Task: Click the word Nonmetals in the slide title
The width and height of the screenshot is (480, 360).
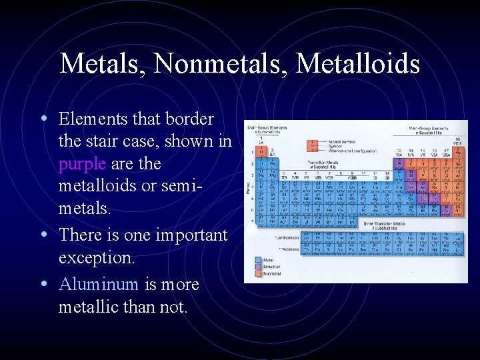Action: (219, 64)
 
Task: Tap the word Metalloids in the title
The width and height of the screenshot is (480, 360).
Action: (358, 64)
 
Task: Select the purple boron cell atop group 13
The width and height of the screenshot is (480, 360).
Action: (399, 161)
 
